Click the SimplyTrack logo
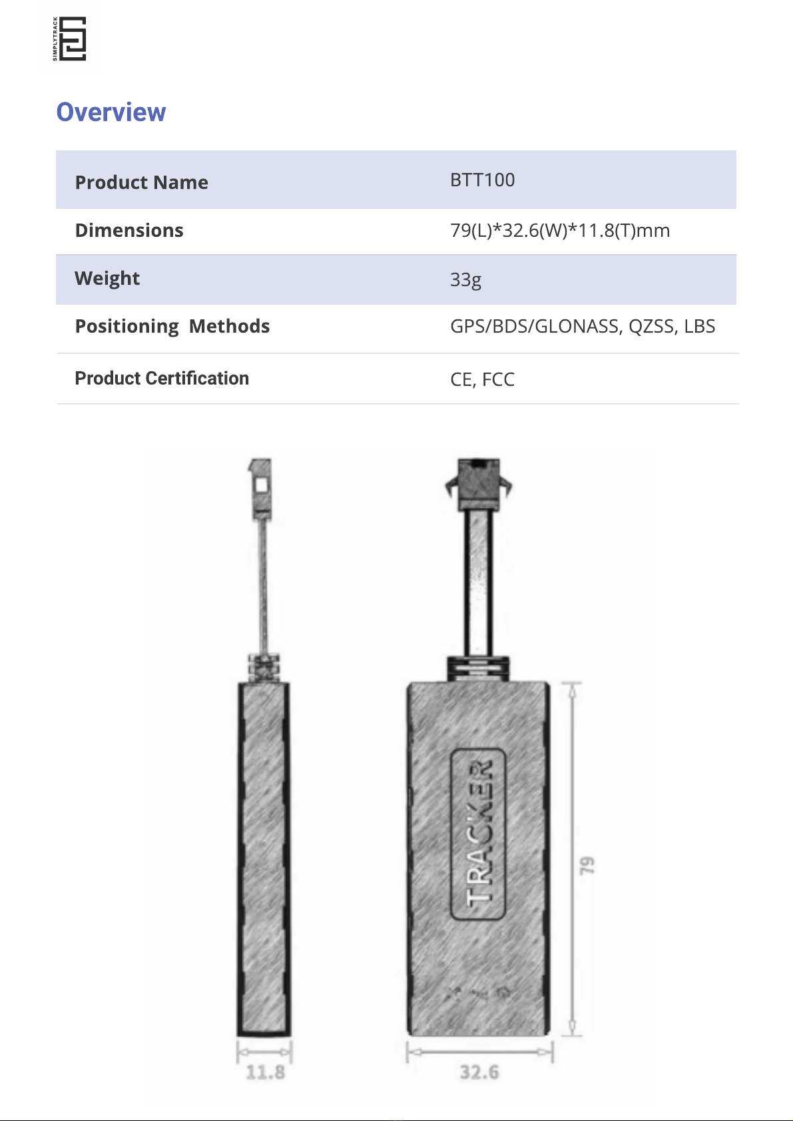(x=69, y=39)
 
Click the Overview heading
(x=111, y=112)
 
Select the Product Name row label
(x=141, y=183)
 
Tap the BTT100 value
(x=483, y=180)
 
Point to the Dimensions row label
(x=129, y=230)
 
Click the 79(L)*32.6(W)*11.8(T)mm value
(x=560, y=231)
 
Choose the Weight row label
(x=107, y=278)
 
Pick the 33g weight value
(x=466, y=279)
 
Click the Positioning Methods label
(x=172, y=326)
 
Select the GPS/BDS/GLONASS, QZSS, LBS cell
(x=583, y=326)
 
